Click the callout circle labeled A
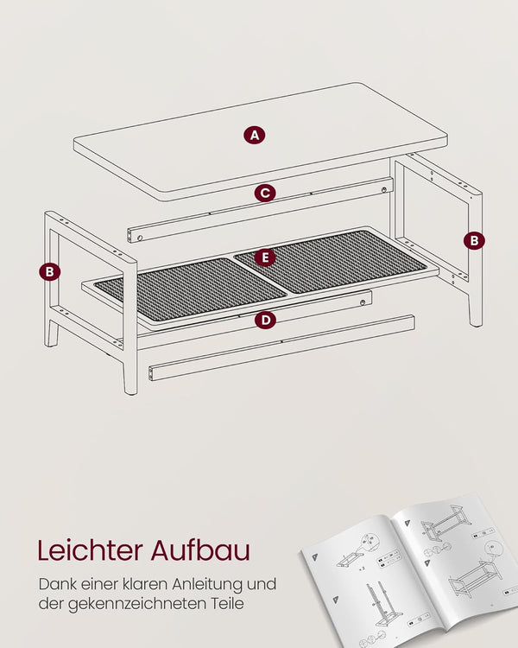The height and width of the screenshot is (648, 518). (254, 135)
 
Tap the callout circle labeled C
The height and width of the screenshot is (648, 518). (265, 193)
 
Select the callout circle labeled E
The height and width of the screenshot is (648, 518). (265, 257)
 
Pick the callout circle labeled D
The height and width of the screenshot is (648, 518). (265, 320)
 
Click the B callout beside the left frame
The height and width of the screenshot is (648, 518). (49, 272)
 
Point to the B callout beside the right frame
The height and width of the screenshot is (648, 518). (474, 240)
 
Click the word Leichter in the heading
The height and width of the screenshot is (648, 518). (91, 550)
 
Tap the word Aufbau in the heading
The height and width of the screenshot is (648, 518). (200, 550)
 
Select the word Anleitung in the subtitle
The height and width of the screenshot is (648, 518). (208, 586)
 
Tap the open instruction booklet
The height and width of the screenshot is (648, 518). (409, 570)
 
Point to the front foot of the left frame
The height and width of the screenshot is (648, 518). (130, 376)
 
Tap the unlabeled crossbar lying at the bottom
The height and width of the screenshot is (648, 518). (281, 347)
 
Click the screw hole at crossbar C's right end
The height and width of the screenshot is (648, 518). (384, 190)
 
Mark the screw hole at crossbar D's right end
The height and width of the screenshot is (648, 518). (363, 303)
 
